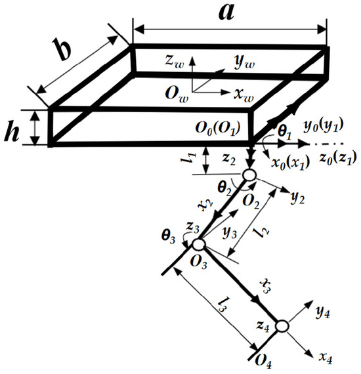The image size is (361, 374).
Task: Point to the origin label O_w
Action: [x=175, y=91]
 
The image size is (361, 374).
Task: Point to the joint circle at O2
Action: [x=249, y=175]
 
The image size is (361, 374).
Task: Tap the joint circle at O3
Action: [x=199, y=245]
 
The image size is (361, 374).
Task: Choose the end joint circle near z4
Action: [x=282, y=326]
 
